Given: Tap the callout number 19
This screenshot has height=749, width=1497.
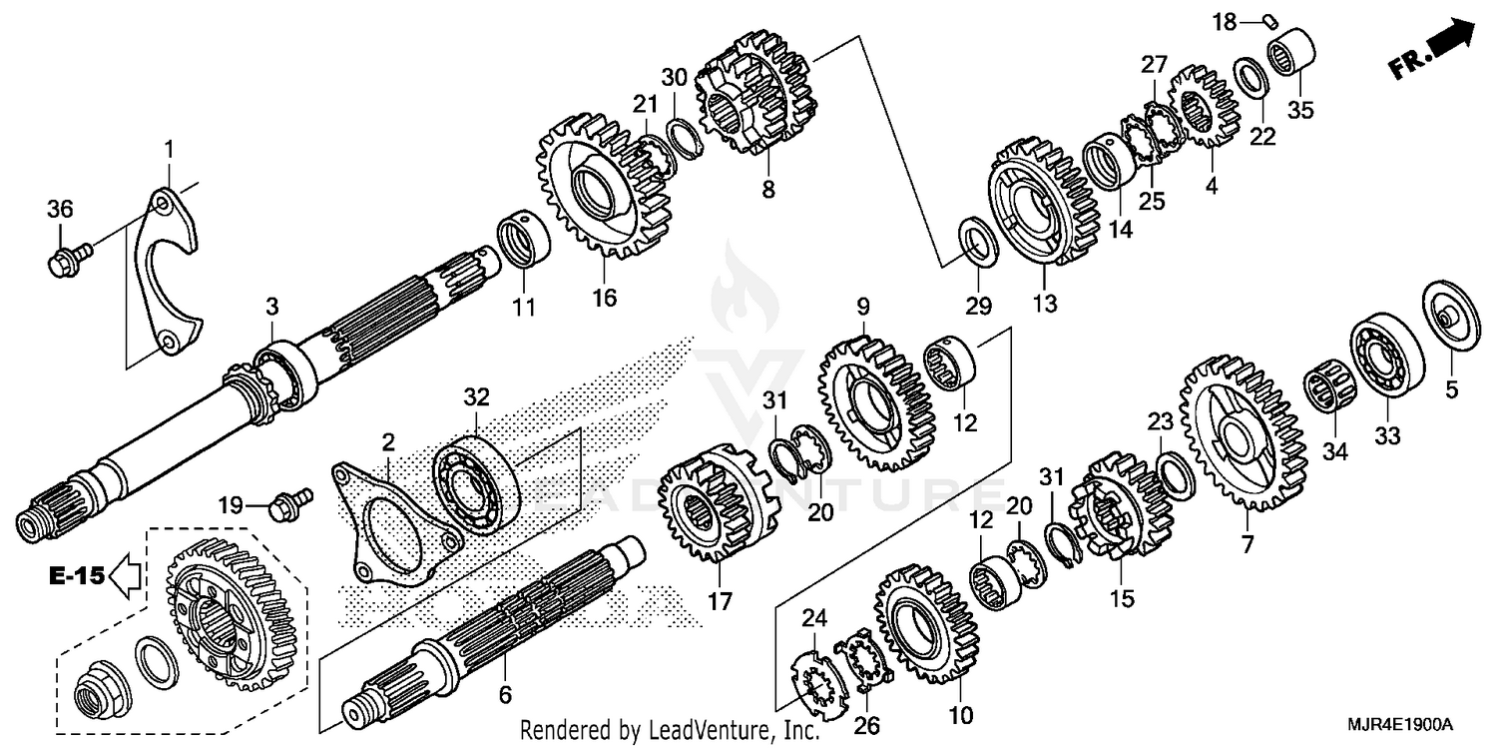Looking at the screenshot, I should click(x=231, y=506).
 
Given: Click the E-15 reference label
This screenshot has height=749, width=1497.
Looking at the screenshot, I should click(x=76, y=575).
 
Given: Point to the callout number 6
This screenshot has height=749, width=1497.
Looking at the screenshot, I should click(x=505, y=693).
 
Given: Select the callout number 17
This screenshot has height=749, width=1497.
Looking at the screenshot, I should click(x=720, y=602).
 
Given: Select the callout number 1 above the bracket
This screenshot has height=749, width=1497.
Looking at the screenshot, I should click(x=169, y=150).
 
